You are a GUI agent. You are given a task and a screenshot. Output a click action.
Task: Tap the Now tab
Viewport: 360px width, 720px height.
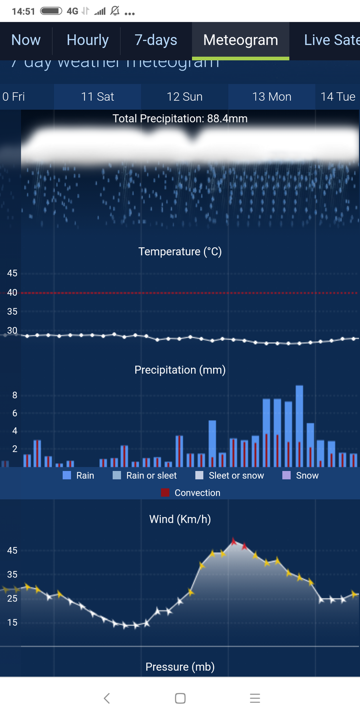(x=26, y=40)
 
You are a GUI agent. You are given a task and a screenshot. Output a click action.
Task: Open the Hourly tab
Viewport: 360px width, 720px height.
(x=87, y=40)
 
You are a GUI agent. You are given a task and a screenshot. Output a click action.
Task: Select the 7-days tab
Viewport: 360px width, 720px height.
(x=156, y=40)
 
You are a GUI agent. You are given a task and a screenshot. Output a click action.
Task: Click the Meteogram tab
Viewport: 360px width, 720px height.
(x=240, y=40)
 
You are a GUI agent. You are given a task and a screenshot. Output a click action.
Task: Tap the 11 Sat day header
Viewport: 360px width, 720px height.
(x=97, y=97)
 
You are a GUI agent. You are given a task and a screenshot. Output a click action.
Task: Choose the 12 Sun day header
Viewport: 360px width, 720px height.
(x=184, y=97)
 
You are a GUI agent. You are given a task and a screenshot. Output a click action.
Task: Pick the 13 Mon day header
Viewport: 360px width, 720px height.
(x=272, y=97)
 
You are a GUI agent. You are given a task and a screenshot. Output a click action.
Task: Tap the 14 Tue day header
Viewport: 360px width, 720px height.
(x=338, y=97)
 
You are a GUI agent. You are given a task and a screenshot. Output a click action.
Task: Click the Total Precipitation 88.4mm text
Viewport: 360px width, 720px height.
(x=180, y=119)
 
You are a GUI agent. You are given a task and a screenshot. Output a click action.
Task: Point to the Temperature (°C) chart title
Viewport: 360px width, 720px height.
(x=180, y=252)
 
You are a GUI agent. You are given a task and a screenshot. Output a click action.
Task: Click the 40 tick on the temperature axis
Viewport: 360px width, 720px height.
(x=12, y=292)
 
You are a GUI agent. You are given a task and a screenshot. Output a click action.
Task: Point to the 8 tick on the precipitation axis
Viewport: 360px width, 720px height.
(x=15, y=396)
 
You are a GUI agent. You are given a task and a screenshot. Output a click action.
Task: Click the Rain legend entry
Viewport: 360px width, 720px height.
(x=79, y=476)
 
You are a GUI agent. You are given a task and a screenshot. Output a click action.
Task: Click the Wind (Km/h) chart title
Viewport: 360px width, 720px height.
(x=180, y=519)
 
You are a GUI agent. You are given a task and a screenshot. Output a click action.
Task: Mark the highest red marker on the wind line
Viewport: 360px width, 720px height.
(x=234, y=541)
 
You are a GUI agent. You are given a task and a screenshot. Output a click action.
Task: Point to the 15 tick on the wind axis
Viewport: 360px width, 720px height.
(x=12, y=623)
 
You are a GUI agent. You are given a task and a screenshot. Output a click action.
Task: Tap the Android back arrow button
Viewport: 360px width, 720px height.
(x=107, y=698)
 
